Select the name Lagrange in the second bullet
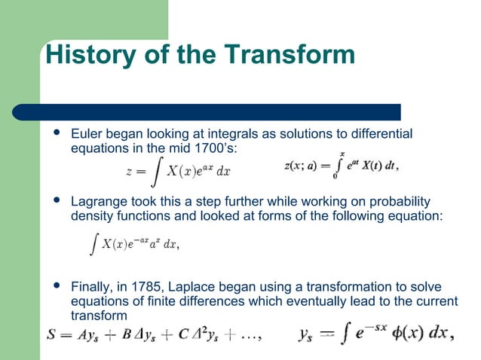[x=99, y=203]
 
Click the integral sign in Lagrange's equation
[x=91, y=243]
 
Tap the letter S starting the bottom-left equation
[x=51, y=336]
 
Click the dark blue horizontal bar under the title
[x=219, y=112]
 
